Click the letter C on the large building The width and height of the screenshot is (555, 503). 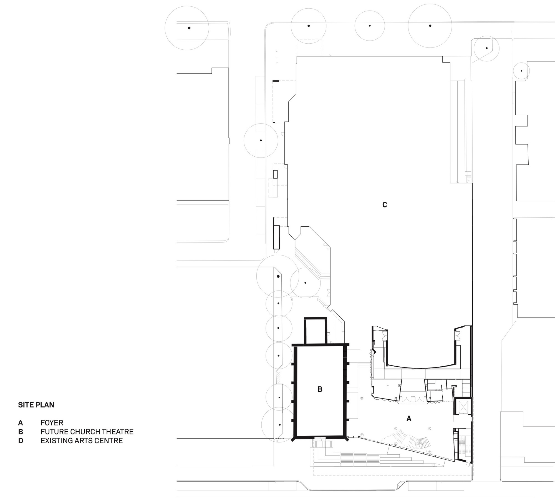click(x=384, y=205)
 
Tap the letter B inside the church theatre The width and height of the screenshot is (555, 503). click(x=320, y=389)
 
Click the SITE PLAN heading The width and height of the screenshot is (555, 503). click(x=36, y=405)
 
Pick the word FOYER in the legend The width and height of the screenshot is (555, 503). click(x=52, y=423)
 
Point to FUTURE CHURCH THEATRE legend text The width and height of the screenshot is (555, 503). click(x=87, y=432)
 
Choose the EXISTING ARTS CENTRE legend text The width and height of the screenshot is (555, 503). click(x=82, y=441)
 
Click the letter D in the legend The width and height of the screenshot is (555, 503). click(x=21, y=441)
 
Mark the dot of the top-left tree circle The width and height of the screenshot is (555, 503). click(x=189, y=28)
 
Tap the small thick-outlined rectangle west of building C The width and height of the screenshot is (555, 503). click(x=275, y=174)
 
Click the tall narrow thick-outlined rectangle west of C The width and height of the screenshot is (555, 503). click(x=276, y=237)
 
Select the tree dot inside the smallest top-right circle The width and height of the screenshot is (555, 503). click(x=521, y=71)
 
